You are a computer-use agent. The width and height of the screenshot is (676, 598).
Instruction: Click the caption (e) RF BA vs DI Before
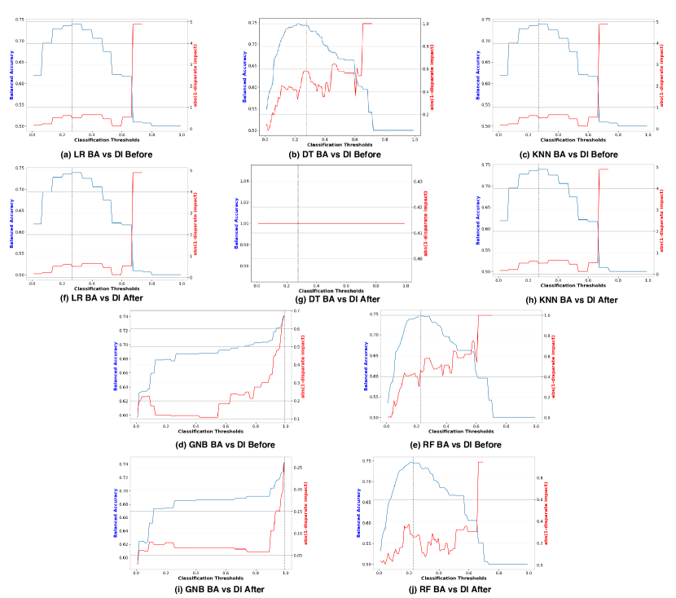click(x=456, y=444)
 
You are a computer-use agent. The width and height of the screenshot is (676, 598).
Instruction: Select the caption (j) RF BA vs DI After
click(x=456, y=589)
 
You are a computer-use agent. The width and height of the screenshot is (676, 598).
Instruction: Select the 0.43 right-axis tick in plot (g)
click(x=418, y=181)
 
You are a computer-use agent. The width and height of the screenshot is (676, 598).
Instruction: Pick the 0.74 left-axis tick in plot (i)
click(x=124, y=464)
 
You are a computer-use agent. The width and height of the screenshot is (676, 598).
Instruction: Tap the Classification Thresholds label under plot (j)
click(x=454, y=578)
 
